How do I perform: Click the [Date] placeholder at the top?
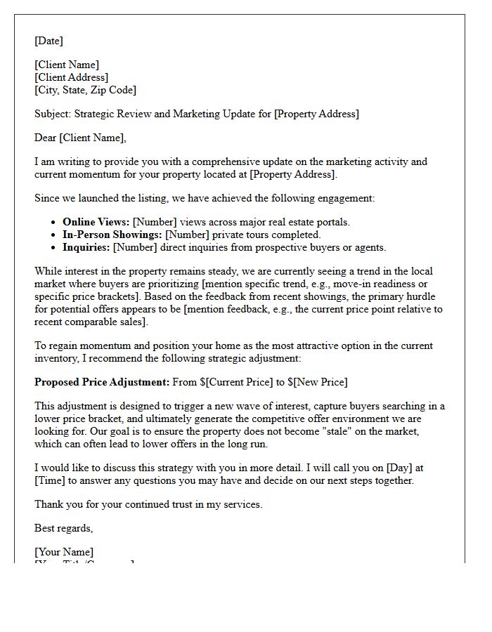point(48,41)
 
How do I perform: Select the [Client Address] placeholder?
point(71,77)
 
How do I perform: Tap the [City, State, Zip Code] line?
point(85,90)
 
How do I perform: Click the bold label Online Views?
point(96,222)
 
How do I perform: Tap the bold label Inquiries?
point(86,247)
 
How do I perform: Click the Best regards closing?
point(63,528)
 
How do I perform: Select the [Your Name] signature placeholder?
point(64,552)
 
